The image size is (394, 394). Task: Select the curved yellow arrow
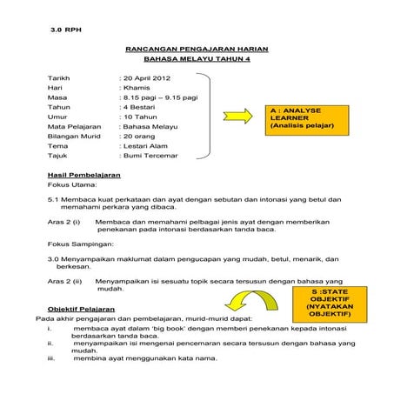pos(250,304)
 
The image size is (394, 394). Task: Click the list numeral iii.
pos(51,358)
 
